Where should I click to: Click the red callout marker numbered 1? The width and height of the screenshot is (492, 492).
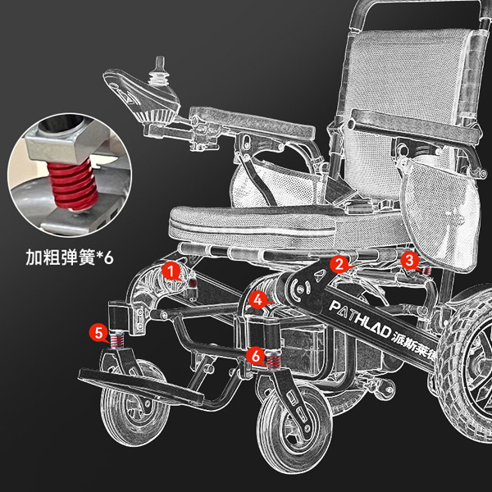[171, 271]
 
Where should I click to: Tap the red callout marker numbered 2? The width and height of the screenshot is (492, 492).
[339, 264]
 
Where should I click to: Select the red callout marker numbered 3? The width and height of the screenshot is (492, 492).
[409, 261]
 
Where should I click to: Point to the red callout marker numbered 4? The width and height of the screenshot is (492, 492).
[257, 301]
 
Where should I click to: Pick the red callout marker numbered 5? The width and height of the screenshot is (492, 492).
[99, 333]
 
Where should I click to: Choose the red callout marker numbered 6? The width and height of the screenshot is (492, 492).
[256, 357]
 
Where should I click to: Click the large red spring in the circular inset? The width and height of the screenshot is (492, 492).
[73, 184]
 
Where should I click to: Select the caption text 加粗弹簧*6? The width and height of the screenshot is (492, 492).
[70, 257]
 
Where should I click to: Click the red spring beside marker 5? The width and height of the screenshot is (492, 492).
[117, 340]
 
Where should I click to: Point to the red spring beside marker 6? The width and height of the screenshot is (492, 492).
[274, 359]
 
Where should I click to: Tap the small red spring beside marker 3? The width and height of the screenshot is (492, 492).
[426, 271]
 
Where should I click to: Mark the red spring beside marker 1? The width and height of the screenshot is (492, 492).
[193, 283]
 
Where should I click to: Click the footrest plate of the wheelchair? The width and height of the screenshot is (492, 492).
[140, 386]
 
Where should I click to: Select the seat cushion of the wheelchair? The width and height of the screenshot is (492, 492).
[282, 226]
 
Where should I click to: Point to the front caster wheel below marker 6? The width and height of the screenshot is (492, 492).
[294, 429]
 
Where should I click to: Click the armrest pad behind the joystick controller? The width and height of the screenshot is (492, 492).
[252, 123]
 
